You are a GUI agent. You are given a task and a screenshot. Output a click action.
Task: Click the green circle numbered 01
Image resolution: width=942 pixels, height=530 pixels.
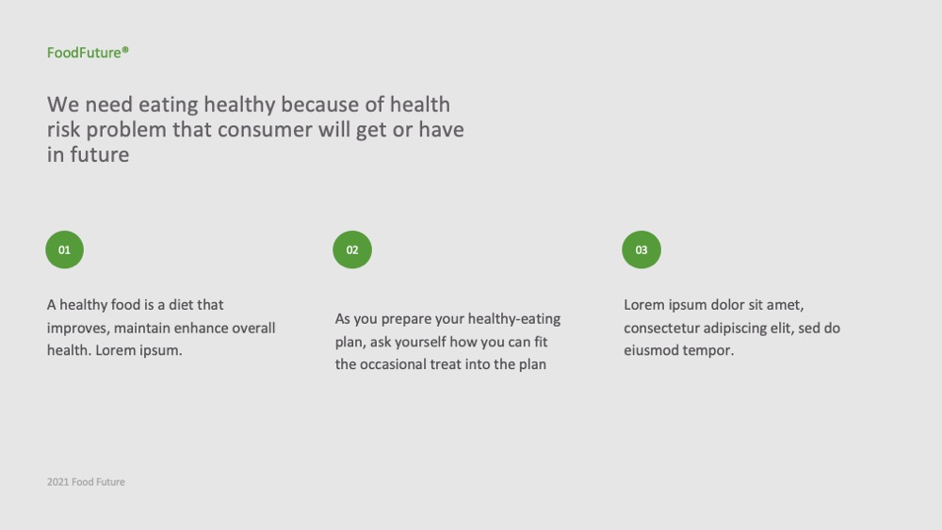point(64,249)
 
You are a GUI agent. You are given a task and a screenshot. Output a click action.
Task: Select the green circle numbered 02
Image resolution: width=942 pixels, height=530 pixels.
point(352,249)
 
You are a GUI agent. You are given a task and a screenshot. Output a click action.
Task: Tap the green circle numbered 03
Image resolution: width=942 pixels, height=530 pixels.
point(641,249)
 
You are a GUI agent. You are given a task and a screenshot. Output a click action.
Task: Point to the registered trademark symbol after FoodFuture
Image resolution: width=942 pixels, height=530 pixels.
point(125,50)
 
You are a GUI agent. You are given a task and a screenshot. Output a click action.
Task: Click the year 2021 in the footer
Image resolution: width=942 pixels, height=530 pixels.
point(57,482)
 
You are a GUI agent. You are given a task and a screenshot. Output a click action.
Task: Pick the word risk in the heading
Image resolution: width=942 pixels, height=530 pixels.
point(63,130)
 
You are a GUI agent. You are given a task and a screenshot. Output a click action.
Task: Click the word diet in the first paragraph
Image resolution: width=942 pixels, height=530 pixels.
point(181,305)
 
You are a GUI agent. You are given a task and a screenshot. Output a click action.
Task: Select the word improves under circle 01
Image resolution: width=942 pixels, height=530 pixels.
point(77,329)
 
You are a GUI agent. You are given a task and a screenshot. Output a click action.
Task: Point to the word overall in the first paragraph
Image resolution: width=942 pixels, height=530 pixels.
point(253,328)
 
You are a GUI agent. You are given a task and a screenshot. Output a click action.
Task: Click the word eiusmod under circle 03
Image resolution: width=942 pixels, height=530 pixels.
point(649,350)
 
